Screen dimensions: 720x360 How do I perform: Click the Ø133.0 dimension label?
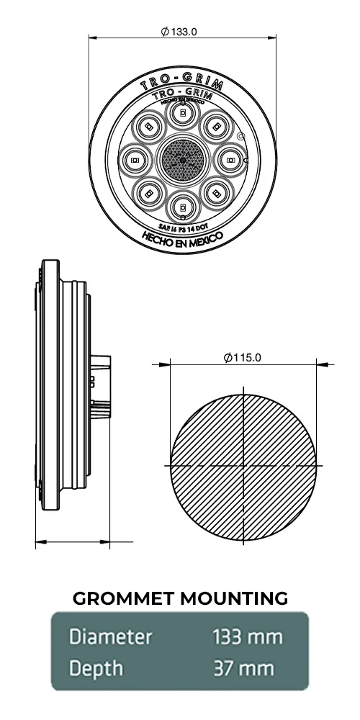point(179,32)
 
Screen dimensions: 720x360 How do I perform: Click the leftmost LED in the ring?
point(135,158)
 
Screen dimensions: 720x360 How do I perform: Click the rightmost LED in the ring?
point(231,158)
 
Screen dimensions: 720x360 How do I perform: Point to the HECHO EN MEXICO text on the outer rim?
point(182,238)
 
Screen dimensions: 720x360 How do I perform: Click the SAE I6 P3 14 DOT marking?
point(182,226)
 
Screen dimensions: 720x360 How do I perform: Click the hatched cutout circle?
point(216,432)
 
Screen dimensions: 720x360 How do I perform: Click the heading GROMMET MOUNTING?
point(181,598)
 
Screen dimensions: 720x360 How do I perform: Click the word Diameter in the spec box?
point(111,637)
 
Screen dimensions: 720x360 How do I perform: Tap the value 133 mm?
point(248,637)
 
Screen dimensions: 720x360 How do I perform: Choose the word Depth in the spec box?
point(96,669)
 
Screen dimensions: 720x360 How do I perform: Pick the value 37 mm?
point(243,669)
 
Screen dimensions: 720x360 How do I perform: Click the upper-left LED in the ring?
point(149,126)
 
